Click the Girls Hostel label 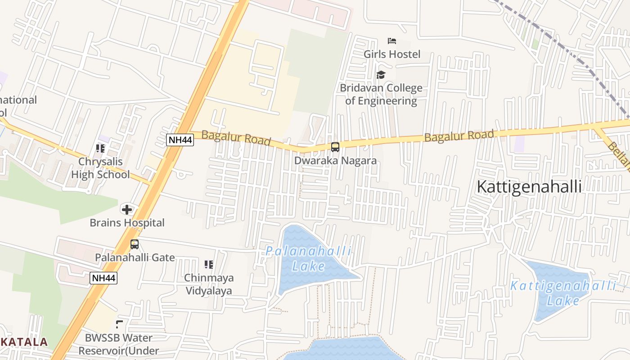392,54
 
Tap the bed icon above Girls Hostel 392,41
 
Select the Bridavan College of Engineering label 381,94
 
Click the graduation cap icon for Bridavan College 381,75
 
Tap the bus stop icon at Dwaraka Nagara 335,147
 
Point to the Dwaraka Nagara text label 335,160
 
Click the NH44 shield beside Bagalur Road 180,140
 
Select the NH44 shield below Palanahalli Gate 104,278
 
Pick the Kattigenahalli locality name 529,186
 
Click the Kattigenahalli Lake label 563,293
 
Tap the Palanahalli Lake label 309,258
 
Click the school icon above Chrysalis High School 100,148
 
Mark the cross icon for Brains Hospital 127,209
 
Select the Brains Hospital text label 127,223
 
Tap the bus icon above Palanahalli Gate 135,244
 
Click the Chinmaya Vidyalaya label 209,284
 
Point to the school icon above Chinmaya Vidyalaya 209,264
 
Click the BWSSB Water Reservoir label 119,344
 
